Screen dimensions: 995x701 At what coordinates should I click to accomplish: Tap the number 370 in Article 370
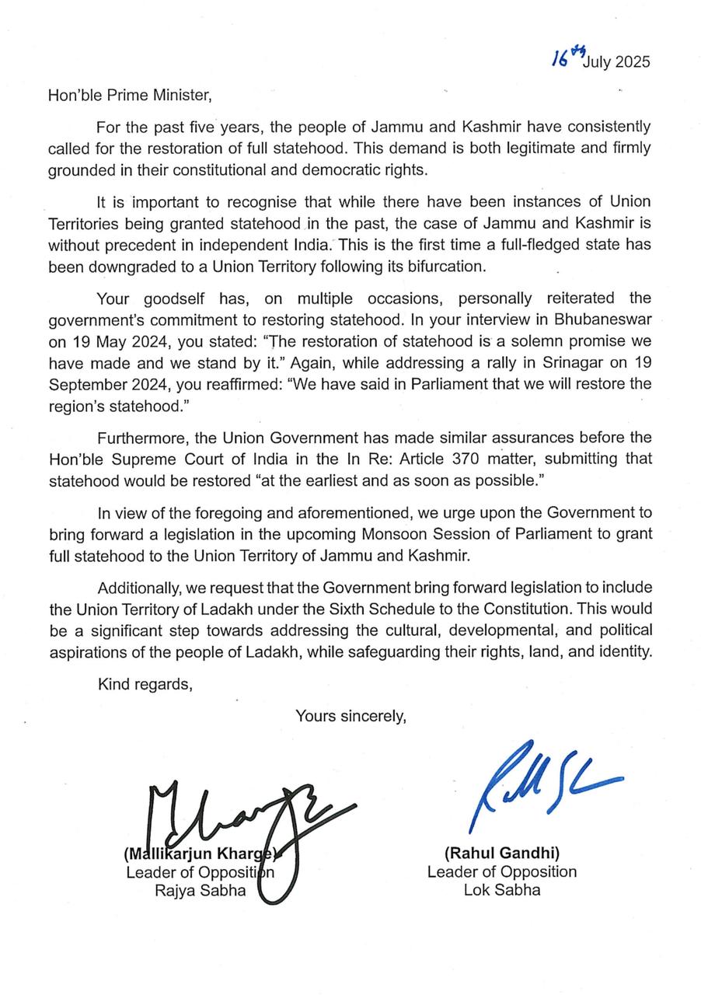coord(473,459)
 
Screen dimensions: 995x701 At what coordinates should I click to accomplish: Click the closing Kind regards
coord(143,685)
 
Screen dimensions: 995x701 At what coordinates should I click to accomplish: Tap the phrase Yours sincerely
coord(350,716)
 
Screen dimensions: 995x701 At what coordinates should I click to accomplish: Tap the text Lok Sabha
coord(501,891)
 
